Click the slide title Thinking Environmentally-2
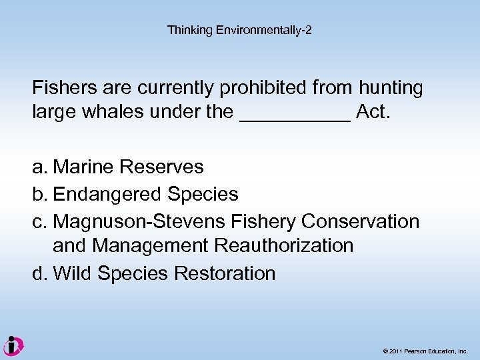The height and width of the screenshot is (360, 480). coord(239,30)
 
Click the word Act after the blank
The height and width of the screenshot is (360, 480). coord(373,111)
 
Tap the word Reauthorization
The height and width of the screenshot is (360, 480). coord(284,246)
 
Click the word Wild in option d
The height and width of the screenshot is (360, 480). coord(73,273)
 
